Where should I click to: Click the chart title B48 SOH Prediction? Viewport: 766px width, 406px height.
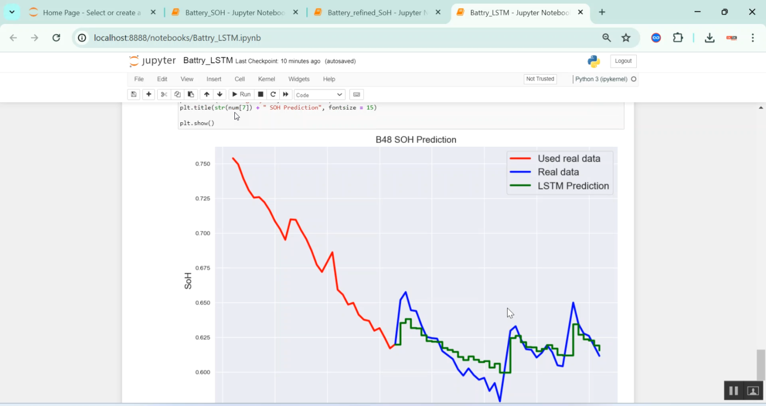pyautogui.click(x=416, y=140)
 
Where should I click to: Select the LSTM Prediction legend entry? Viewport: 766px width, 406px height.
pyautogui.click(x=573, y=186)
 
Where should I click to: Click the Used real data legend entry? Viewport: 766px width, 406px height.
pyautogui.click(x=568, y=159)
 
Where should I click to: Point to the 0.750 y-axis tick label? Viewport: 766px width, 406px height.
pyautogui.click(x=203, y=164)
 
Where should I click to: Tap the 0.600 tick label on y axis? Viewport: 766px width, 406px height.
pyautogui.click(x=203, y=372)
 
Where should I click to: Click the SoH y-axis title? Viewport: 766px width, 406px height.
pyautogui.click(x=188, y=281)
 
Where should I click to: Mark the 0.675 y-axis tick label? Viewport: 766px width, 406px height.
pyautogui.click(x=203, y=268)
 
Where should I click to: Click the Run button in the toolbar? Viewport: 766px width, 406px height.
pyautogui.click(x=241, y=94)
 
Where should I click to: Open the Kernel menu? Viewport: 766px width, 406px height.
pyautogui.click(x=267, y=79)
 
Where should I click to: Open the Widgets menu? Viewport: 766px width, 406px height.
pyautogui.click(x=299, y=79)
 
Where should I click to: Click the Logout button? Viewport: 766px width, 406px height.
pyautogui.click(x=623, y=61)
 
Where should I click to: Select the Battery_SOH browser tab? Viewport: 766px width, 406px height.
pyautogui.click(x=235, y=12)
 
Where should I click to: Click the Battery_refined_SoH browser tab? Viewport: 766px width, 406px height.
pyautogui.click(x=377, y=12)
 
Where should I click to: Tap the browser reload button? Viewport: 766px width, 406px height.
pyautogui.click(x=57, y=37)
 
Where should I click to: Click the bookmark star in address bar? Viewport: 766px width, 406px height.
pyautogui.click(x=626, y=37)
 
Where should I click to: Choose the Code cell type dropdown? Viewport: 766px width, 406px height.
pyautogui.click(x=319, y=95)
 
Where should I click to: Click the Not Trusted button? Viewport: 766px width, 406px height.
pyautogui.click(x=540, y=79)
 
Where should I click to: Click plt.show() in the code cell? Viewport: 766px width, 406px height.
pyautogui.click(x=197, y=123)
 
